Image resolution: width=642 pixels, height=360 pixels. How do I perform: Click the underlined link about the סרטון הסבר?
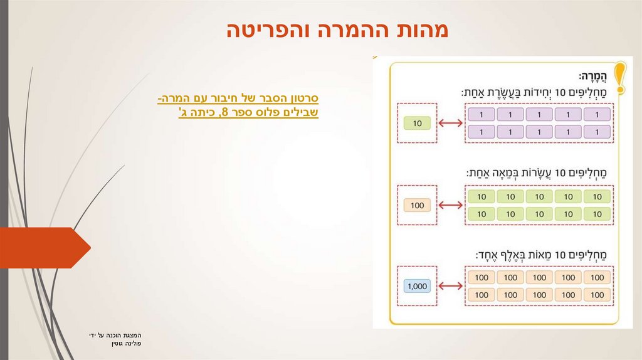(238, 106)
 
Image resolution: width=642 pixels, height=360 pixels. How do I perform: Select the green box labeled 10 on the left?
(418, 124)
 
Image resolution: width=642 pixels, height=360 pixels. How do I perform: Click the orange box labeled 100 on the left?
(418, 205)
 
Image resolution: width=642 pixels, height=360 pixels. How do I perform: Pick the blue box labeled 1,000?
(417, 286)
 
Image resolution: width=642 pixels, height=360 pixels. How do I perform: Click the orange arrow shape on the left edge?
(44, 248)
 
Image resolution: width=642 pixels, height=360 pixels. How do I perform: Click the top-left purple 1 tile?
(481, 115)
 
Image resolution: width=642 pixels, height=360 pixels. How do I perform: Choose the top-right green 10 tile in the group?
(597, 197)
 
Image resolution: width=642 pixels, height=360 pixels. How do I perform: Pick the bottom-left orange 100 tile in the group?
(481, 294)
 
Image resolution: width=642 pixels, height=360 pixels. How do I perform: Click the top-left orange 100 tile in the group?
(481, 277)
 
